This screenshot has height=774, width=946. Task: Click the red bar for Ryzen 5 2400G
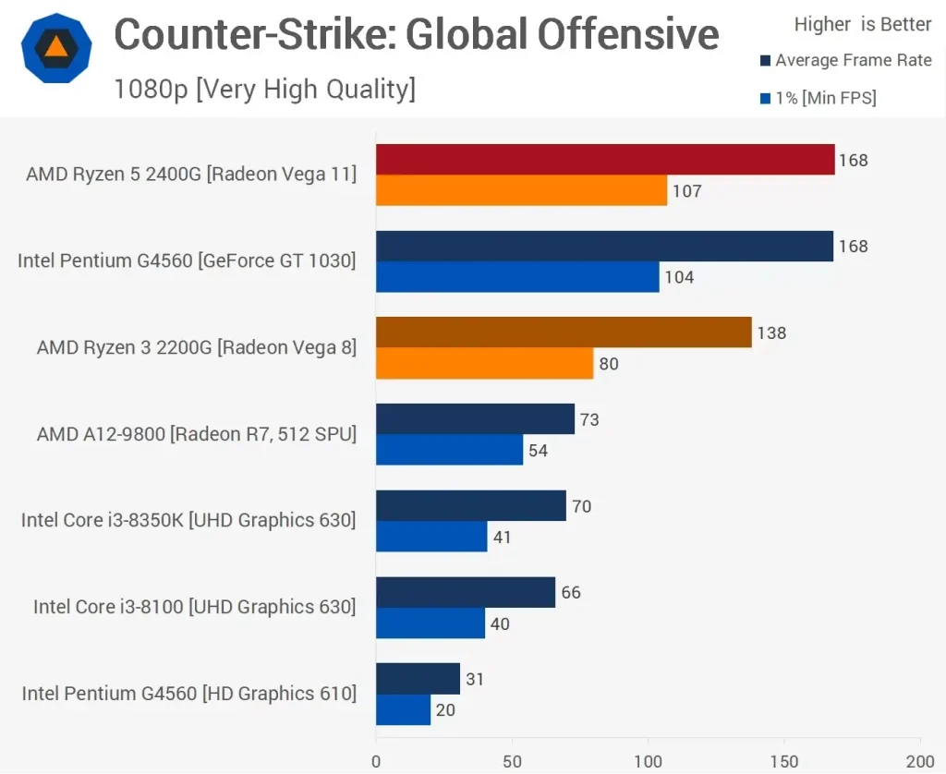605,160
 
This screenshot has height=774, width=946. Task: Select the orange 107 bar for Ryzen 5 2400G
521,191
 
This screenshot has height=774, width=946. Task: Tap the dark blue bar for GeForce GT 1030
604,246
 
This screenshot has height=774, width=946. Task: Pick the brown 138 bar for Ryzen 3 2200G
564,333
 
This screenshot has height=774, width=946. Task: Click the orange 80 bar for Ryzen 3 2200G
484,364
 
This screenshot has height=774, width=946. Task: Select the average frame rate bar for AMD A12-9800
475,419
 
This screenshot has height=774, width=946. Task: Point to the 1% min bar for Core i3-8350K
431,537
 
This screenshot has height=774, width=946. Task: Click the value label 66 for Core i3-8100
571,592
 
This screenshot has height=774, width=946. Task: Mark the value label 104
679,278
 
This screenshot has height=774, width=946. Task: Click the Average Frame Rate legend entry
845,61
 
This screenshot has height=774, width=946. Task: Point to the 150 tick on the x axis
783,761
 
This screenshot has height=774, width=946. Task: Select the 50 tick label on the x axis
511,761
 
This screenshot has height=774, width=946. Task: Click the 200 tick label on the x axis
919,761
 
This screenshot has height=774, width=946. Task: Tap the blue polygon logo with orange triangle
56,48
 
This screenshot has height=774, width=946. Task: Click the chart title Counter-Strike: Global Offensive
416,35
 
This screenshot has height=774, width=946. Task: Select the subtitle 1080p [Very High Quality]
264,89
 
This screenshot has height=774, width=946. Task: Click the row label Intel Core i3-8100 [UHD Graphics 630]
194,607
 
